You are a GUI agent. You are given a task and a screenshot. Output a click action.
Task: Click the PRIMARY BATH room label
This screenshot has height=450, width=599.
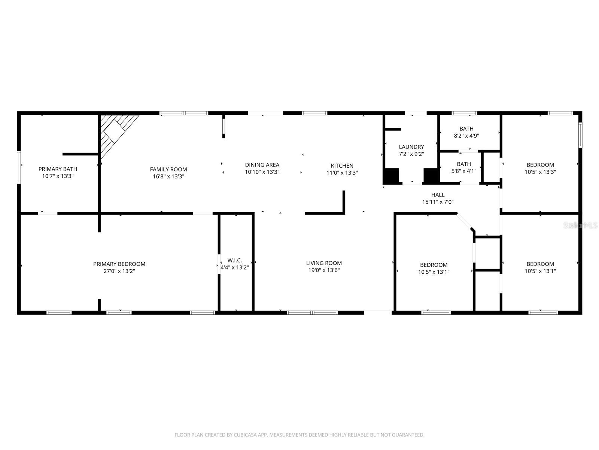(58, 169)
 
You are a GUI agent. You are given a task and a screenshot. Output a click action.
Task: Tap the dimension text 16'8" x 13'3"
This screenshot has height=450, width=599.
(168, 176)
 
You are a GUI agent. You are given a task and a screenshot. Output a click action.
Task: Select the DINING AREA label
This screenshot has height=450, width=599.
(262, 165)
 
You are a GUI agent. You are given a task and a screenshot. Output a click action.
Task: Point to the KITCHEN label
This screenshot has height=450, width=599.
(342, 165)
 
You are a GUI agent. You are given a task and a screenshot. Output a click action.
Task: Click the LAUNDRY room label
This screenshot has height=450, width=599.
(411, 147)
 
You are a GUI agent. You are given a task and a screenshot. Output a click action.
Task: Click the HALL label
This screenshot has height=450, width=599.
(438, 195)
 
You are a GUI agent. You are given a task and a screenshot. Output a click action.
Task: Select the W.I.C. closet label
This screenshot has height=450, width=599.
(235, 260)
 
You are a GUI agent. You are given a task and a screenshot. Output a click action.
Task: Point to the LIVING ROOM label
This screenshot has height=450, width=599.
(324, 263)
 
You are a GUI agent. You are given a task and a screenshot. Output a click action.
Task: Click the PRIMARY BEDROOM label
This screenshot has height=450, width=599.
(119, 264)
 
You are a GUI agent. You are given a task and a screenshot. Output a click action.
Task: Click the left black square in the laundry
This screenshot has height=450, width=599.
(391, 176)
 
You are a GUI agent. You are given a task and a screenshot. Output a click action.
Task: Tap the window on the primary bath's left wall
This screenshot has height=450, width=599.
(19, 167)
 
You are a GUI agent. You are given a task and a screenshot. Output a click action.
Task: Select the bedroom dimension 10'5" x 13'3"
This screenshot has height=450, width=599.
(540, 172)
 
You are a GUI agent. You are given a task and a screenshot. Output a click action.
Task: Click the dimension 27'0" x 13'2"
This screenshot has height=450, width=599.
(119, 271)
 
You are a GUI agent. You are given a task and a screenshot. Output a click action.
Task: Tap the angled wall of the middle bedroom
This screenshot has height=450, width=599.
(465, 222)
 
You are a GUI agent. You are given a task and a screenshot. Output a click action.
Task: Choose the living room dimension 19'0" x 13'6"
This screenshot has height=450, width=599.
(324, 270)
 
